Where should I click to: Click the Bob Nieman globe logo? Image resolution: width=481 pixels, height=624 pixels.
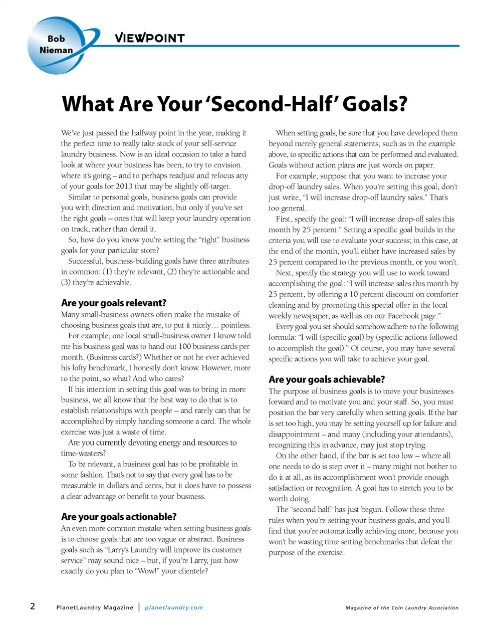click(56, 45)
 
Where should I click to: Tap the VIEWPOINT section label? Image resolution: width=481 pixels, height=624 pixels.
click(149, 38)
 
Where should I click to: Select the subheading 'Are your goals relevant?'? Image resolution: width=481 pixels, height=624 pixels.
click(114, 303)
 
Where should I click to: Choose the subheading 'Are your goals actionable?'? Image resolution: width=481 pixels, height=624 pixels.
click(119, 516)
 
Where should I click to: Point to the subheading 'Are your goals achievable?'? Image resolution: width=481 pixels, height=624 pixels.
click(327, 379)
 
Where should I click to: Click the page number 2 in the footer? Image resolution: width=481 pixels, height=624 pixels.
click(33, 606)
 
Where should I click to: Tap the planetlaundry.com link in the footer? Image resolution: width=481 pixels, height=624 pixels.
click(174, 607)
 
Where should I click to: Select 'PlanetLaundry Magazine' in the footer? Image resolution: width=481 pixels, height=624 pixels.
click(95, 607)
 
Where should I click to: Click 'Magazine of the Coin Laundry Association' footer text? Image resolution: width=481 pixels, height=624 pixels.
click(402, 607)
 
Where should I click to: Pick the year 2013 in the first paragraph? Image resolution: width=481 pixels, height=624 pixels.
click(124, 186)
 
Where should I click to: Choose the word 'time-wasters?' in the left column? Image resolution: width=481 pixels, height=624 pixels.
click(83, 454)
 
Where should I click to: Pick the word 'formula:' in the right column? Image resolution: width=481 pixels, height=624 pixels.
click(282, 337)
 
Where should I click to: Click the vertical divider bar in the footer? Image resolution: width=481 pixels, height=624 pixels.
click(139, 607)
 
